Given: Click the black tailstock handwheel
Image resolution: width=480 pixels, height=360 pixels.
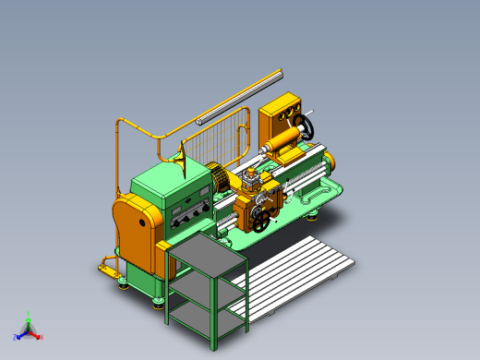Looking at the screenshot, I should pyautogui.click(x=306, y=126).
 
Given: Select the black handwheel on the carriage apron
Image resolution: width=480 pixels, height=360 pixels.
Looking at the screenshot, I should pyautogui.click(x=263, y=222).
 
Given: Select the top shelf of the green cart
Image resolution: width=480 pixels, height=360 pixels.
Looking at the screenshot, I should pyautogui.click(x=207, y=251).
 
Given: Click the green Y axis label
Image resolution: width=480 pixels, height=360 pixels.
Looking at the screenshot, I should pyautogui.click(x=29, y=315).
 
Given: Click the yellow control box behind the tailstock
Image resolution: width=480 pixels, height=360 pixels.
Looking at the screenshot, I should pyautogui.click(x=282, y=114).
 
